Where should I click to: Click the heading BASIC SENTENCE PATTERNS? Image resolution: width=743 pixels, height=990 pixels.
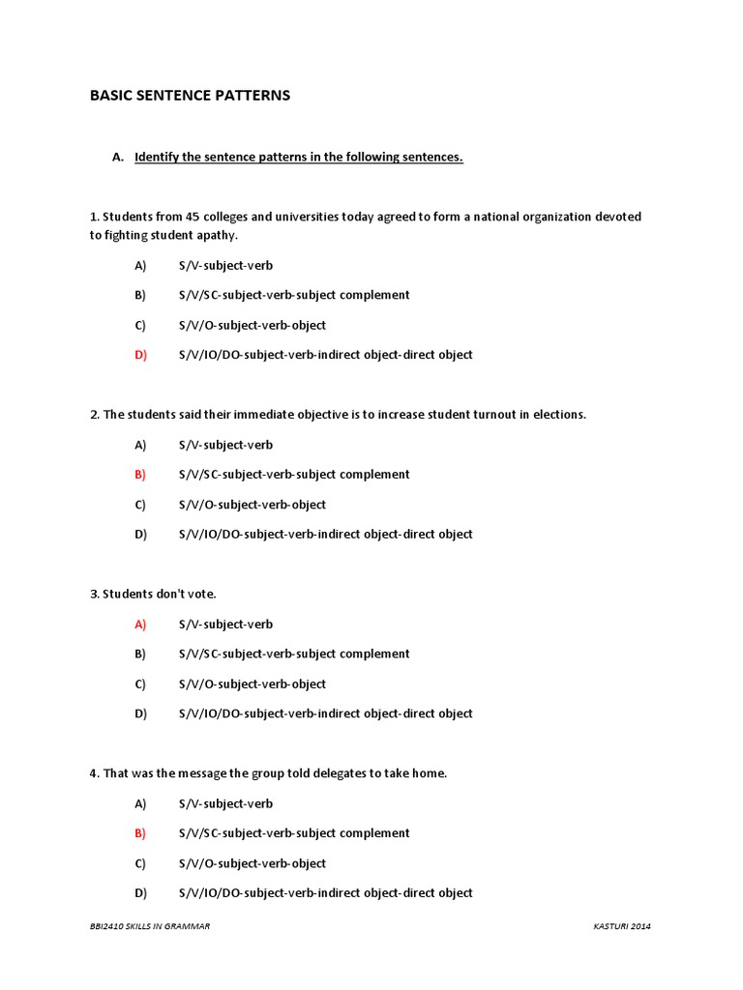[190, 96]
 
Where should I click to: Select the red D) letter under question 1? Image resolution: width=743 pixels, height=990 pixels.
[140, 355]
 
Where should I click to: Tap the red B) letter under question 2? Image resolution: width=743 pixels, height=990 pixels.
[140, 475]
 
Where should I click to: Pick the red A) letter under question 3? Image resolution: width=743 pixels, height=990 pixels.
[140, 625]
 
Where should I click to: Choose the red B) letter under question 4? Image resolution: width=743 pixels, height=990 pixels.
[140, 833]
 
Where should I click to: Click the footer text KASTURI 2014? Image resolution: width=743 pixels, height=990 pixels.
[622, 926]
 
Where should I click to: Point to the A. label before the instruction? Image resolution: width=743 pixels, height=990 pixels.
[118, 158]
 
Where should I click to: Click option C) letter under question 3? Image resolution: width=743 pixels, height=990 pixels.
[140, 684]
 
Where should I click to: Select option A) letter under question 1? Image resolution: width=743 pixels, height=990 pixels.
[140, 265]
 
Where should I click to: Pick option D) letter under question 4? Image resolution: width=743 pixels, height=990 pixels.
[140, 893]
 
